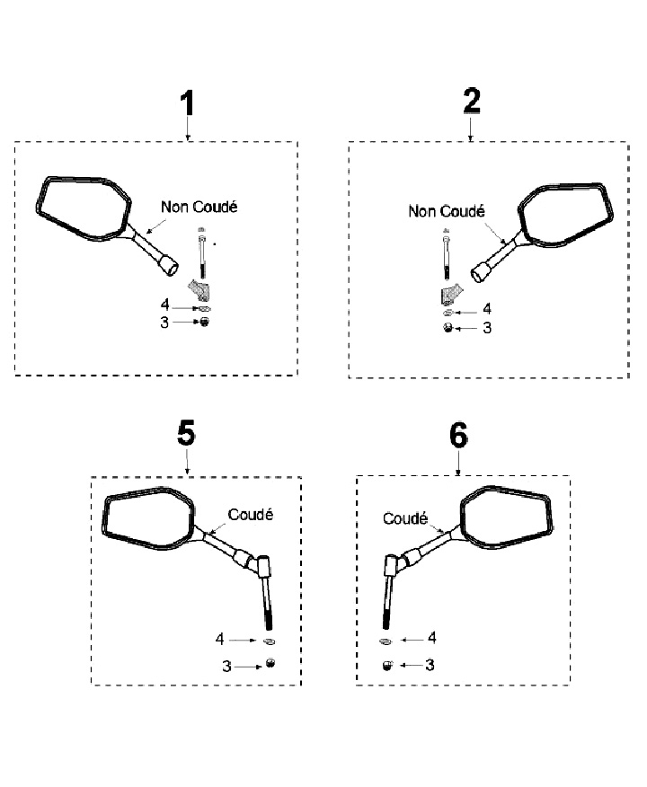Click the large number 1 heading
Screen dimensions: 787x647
click(x=187, y=103)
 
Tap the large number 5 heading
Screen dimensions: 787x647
click(x=186, y=434)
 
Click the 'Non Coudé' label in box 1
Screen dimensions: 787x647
click(x=199, y=207)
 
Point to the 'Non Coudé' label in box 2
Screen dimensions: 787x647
click(x=446, y=212)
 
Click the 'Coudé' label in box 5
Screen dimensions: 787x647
click(x=250, y=515)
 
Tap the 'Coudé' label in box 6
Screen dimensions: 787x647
click(x=404, y=518)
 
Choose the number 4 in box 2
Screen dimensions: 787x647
click(x=487, y=309)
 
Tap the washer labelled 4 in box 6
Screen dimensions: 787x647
click(x=385, y=641)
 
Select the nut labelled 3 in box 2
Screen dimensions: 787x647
click(x=448, y=329)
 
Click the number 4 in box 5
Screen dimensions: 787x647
click(x=219, y=640)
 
